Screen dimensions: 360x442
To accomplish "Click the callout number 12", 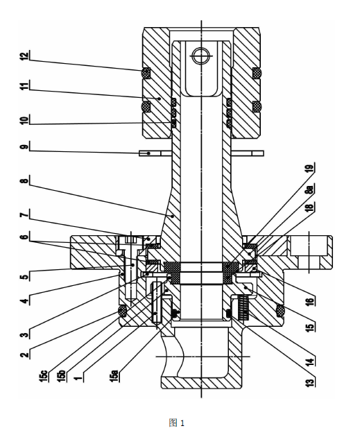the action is click(x=25, y=56).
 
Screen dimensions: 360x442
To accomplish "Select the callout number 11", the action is click(x=25, y=86).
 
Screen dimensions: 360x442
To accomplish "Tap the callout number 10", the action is click(x=25, y=120).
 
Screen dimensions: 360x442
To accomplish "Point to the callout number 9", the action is click(x=25, y=147).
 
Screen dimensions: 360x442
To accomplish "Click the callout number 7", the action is click(x=25, y=215).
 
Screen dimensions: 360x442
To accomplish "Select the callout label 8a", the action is click(x=310, y=189).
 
